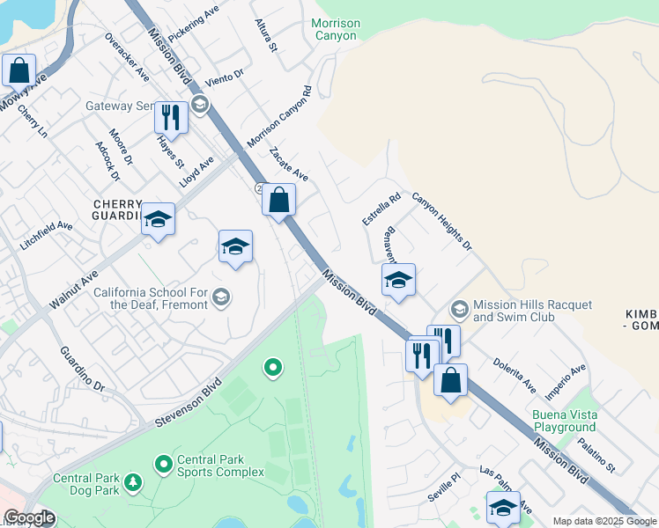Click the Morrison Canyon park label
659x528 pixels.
click(x=335, y=29)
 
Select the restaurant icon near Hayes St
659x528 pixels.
click(x=171, y=118)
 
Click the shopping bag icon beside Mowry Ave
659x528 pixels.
click(x=19, y=70)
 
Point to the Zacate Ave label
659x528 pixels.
click(x=288, y=164)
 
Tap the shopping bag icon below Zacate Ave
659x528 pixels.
click(x=278, y=200)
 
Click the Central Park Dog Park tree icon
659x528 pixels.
click(x=133, y=481)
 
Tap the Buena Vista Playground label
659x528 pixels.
click(x=564, y=421)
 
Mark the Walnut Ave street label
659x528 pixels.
click(x=73, y=290)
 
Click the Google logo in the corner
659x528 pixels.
click(x=29, y=517)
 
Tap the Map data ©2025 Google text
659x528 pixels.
click(x=603, y=521)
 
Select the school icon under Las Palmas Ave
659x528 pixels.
click(x=503, y=508)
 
